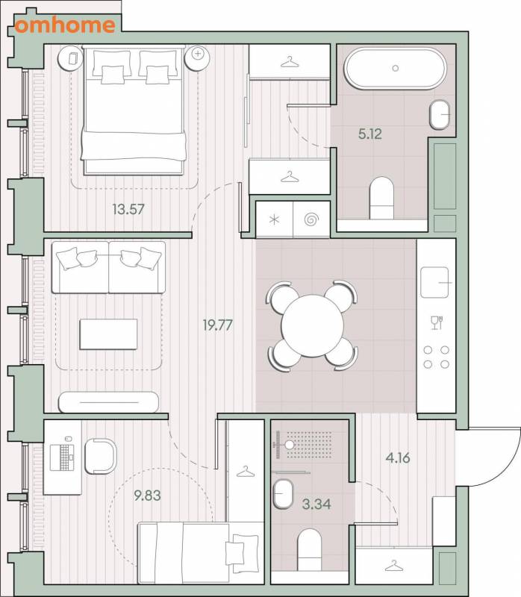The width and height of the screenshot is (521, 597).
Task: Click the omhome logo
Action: point(65,25)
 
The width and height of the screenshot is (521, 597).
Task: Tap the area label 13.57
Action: point(128,209)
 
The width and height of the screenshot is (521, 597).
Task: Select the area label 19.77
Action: point(217,325)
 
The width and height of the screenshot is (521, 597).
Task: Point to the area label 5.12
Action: point(369,134)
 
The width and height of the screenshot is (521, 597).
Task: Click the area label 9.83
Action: point(147,496)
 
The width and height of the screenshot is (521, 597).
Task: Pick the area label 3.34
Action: point(316,504)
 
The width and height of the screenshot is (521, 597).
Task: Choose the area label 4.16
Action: point(398,457)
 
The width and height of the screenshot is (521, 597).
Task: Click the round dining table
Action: point(312,325)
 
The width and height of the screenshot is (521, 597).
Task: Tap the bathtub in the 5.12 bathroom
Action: point(396,69)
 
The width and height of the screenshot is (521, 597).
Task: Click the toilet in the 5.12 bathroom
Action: point(381,198)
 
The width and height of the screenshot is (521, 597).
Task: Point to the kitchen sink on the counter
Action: point(435,282)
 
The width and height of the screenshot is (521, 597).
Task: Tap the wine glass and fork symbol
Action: point(436,323)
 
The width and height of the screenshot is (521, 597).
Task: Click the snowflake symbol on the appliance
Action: point(274,219)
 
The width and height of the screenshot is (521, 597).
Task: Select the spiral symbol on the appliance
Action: point(311,219)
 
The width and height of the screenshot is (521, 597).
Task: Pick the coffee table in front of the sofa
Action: point(108,334)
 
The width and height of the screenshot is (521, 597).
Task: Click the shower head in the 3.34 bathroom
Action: point(290,445)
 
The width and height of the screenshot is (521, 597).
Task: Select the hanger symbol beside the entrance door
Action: point(394,566)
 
